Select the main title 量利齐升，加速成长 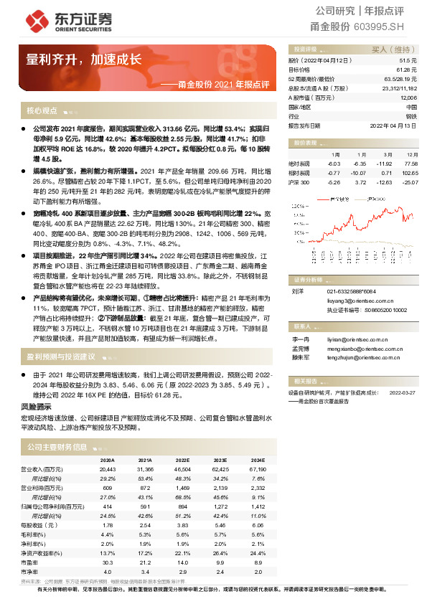click(83, 59)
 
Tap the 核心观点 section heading click(42, 111)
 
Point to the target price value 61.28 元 click(407, 70)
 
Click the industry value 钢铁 click(410, 115)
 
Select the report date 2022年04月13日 click(393, 125)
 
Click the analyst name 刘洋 click(297, 291)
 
